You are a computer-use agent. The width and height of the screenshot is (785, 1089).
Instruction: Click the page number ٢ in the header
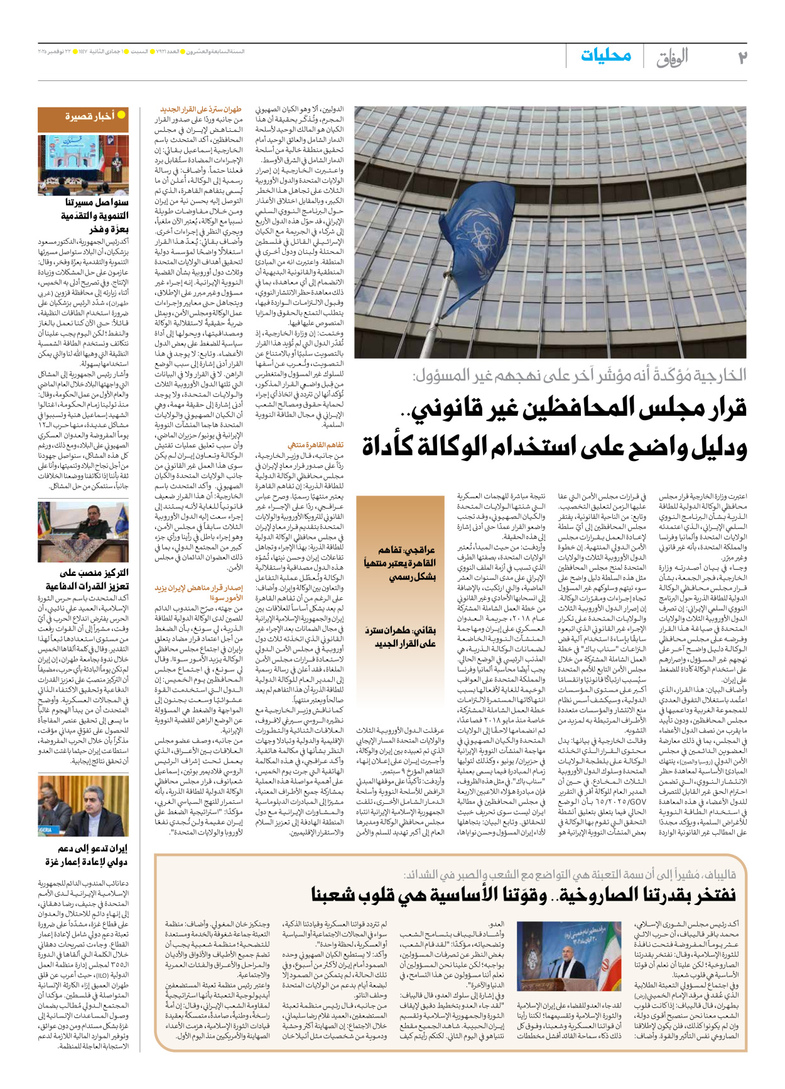coord(742,58)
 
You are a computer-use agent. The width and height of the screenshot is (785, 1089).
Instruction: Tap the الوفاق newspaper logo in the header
coord(672,58)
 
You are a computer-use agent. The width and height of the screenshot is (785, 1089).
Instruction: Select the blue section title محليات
coord(605,55)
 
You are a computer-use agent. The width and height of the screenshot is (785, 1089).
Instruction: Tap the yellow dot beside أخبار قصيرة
coord(121,115)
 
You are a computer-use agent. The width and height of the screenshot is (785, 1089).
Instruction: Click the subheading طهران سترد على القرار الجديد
coord(200,109)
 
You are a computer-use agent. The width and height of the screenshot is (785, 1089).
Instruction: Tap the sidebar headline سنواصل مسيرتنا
coord(97,203)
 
